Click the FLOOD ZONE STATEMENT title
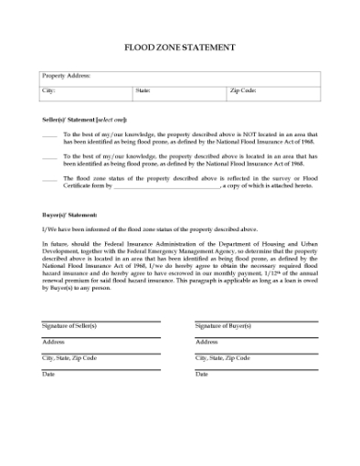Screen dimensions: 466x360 tap(179, 47)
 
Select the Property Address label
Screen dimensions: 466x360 tap(66, 76)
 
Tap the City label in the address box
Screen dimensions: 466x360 tap(49, 90)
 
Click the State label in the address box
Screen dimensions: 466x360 tap(143, 90)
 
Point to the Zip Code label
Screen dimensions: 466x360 tap(243, 90)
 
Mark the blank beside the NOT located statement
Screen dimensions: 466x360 tap(49, 135)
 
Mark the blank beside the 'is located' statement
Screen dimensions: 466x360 tap(49, 157)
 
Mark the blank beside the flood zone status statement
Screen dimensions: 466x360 tap(49, 179)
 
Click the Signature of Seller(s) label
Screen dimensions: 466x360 tap(69, 325)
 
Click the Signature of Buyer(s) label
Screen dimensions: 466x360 tap(222, 325)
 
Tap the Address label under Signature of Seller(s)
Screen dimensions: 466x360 tap(53, 342)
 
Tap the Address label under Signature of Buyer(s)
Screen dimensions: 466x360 tap(206, 342)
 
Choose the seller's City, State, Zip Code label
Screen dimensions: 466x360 tap(69, 358)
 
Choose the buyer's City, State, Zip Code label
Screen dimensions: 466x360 tap(222, 358)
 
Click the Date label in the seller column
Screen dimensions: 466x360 tap(48, 375)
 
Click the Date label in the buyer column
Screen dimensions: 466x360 tap(201, 375)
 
